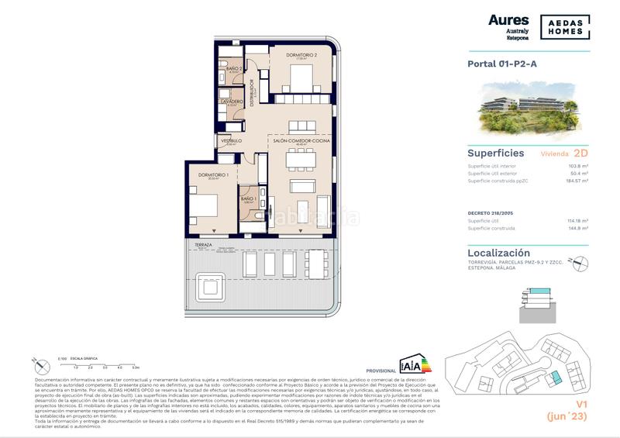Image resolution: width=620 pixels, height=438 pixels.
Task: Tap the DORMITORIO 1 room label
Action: pyautogui.click(x=212, y=174)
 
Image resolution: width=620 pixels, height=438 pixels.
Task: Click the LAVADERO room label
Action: pyautogui.click(x=232, y=102)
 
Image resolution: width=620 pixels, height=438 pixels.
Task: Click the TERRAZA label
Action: pyautogui.click(x=203, y=244)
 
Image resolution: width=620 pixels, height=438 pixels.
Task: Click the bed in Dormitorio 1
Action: pyautogui.click(x=205, y=205)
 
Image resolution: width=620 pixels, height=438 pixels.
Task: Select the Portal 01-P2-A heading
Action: pyautogui.click(x=502, y=64)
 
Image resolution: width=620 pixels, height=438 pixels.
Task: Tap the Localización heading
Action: pyautogui.click(x=499, y=253)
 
